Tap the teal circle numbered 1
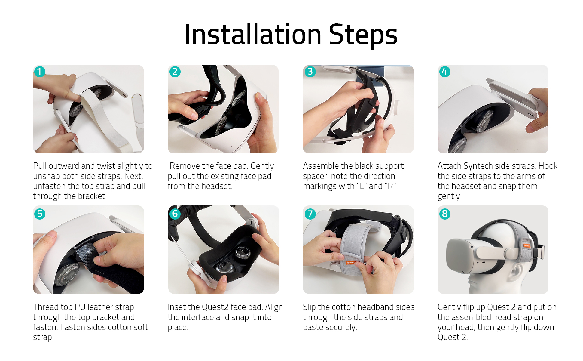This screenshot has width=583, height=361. pyautogui.click(x=40, y=72)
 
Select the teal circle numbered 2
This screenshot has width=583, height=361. pyautogui.click(x=175, y=72)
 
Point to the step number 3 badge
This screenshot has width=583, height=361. pyautogui.click(x=310, y=72)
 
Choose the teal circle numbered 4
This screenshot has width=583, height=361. pyautogui.click(x=445, y=72)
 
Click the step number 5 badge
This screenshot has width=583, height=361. pyautogui.click(x=40, y=214)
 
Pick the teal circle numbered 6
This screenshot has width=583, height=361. pyautogui.click(x=175, y=214)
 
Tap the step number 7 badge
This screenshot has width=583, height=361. pyautogui.click(x=310, y=214)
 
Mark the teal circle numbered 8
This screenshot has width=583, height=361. pyautogui.click(x=445, y=214)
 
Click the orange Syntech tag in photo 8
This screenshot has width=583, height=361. pyautogui.click(x=527, y=245)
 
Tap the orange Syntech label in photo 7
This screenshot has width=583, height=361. pyautogui.click(x=350, y=262)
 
